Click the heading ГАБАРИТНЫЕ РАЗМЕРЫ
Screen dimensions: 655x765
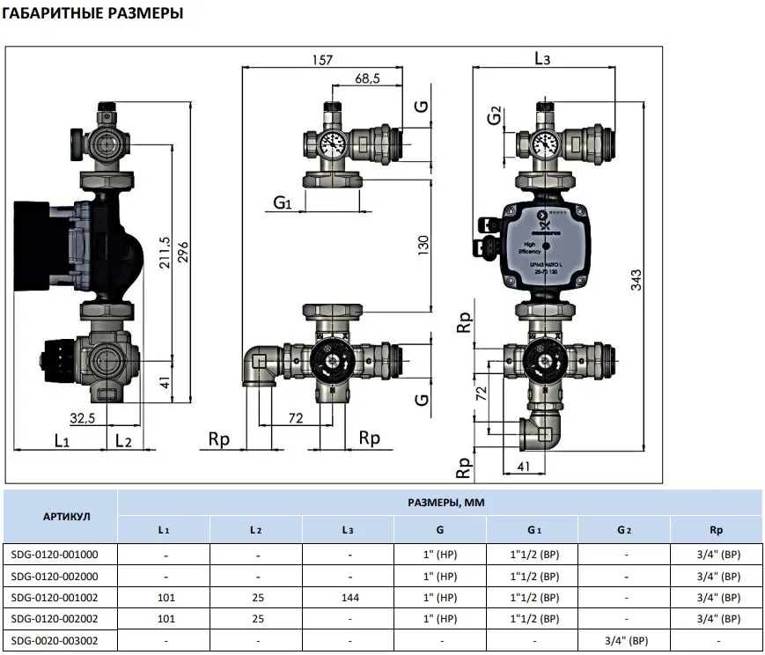tap(92, 14)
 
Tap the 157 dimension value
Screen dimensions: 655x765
tap(323, 60)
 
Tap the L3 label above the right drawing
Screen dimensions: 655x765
tap(542, 59)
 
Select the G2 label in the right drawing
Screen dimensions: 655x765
tap(495, 114)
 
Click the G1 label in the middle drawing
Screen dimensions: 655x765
tap(282, 203)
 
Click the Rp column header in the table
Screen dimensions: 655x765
tap(717, 530)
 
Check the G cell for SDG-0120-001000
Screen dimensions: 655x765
tap(441, 555)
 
